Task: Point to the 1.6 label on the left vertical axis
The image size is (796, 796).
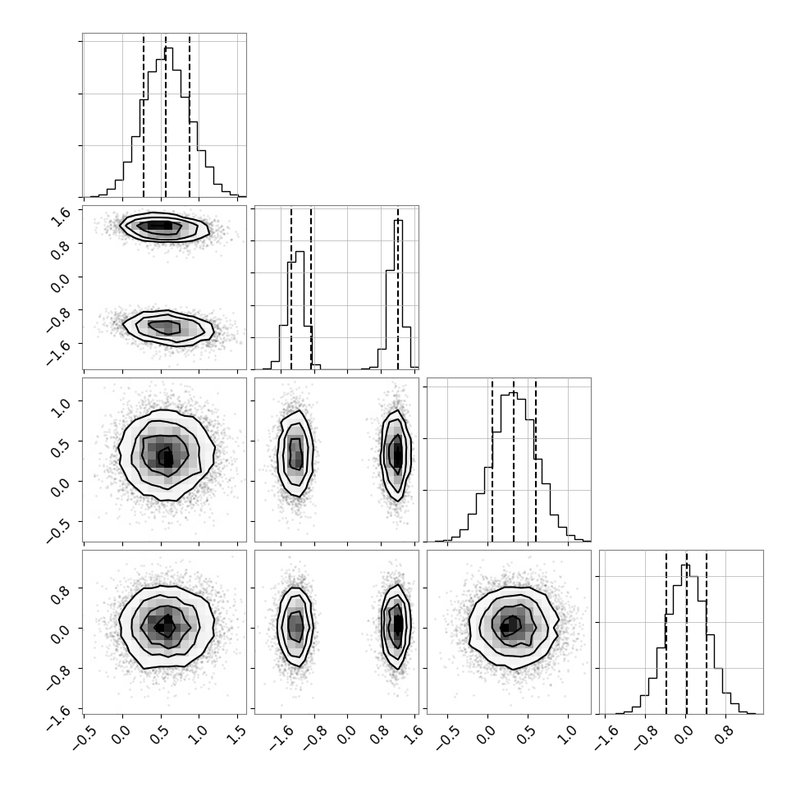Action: pyautogui.click(x=59, y=217)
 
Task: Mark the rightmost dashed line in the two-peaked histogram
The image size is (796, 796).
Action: pyautogui.click(x=398, y=287)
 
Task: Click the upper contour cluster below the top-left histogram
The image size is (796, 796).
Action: pyautogui.click(x=164, y=226)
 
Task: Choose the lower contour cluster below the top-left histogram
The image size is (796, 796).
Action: pyautogui.click(x=168, y=327)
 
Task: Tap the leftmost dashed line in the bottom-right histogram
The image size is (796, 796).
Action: pyautogui.click(x=666, y=632)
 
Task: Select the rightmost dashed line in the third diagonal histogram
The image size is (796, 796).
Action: pyautogui.click(x=536, y=460)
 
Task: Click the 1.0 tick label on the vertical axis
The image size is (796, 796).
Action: pyautogui.click(x=59, y=408)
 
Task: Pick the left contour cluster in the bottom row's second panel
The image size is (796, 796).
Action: pyautogui.click(x=295, y=626)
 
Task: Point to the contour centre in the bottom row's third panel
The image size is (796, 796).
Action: pyautogui.click(x=509, y=628)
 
